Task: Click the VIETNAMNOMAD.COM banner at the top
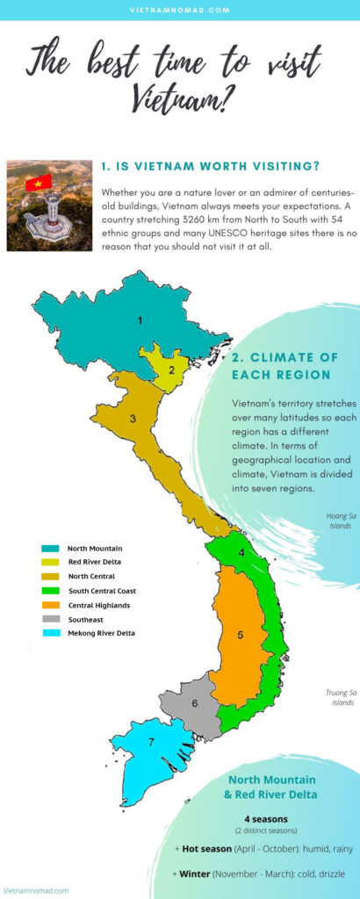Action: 180,10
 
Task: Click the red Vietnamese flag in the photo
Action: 39,183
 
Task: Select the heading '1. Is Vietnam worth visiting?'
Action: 210,167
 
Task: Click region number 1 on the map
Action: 139,320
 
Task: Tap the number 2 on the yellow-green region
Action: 172,369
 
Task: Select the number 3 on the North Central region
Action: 133,419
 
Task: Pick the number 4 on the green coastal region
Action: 242,553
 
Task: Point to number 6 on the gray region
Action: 194,702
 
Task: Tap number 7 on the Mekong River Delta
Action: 151,742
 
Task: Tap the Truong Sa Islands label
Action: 340,697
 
